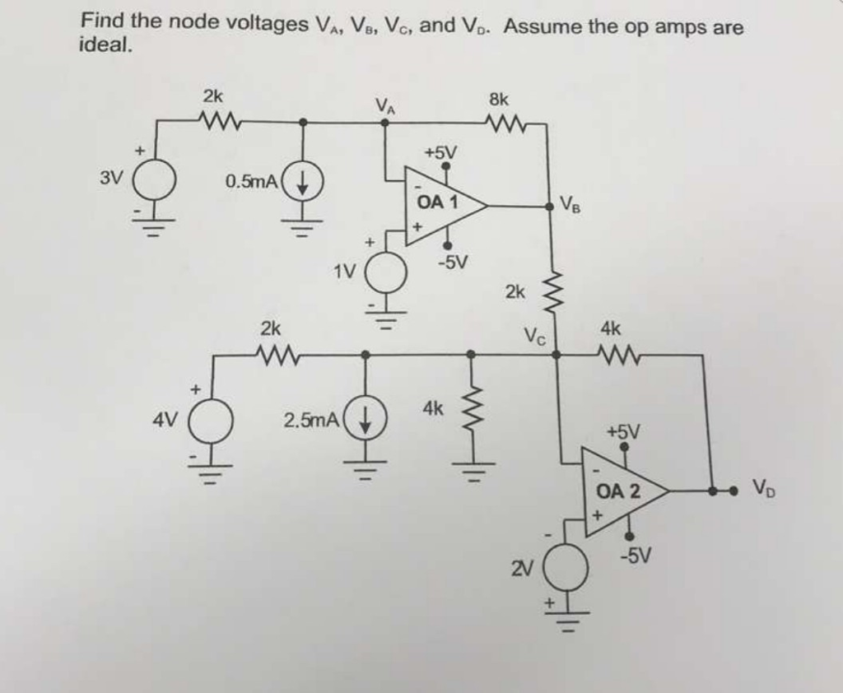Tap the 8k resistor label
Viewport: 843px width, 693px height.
[499, 100]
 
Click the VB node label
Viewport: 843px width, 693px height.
[571, 202]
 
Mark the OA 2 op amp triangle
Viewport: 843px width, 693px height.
[622, 491]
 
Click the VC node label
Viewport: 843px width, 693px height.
[537, 337]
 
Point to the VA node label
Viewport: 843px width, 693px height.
[384, 105]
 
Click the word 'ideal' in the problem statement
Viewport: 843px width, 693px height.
[104, 46]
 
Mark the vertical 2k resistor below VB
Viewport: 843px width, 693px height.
[554, 291]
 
